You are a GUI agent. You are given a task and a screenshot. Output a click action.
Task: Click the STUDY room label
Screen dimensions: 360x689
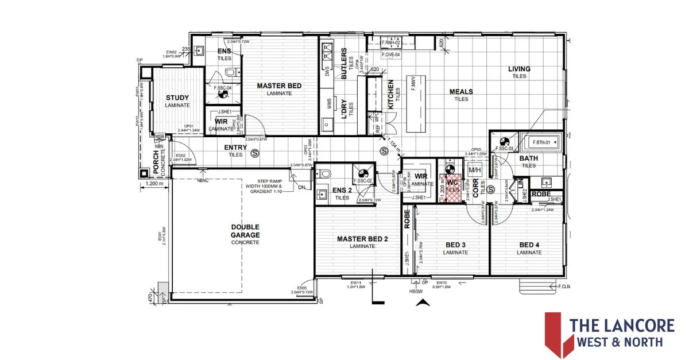coord(177,98)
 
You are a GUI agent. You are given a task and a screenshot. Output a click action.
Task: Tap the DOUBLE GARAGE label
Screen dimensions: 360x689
coord(246,231)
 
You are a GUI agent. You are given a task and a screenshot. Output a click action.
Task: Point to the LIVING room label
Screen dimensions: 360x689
coord(519,69)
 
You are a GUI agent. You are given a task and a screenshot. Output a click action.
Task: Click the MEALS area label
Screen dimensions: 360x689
coord(461,92)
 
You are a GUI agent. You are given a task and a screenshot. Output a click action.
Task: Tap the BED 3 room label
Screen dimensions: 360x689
coord(455,245)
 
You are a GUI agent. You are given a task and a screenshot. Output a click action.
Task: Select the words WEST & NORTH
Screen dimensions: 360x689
coord(616,342)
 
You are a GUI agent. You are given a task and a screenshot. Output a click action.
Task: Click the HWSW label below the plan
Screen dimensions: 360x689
coord(416,292)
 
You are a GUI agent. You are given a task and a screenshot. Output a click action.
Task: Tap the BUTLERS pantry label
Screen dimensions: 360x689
coord(344,63)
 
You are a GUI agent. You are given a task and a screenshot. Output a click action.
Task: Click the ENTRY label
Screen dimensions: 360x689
coord(235,148)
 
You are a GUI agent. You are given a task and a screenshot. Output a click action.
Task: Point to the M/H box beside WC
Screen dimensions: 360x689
coord(475,171)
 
